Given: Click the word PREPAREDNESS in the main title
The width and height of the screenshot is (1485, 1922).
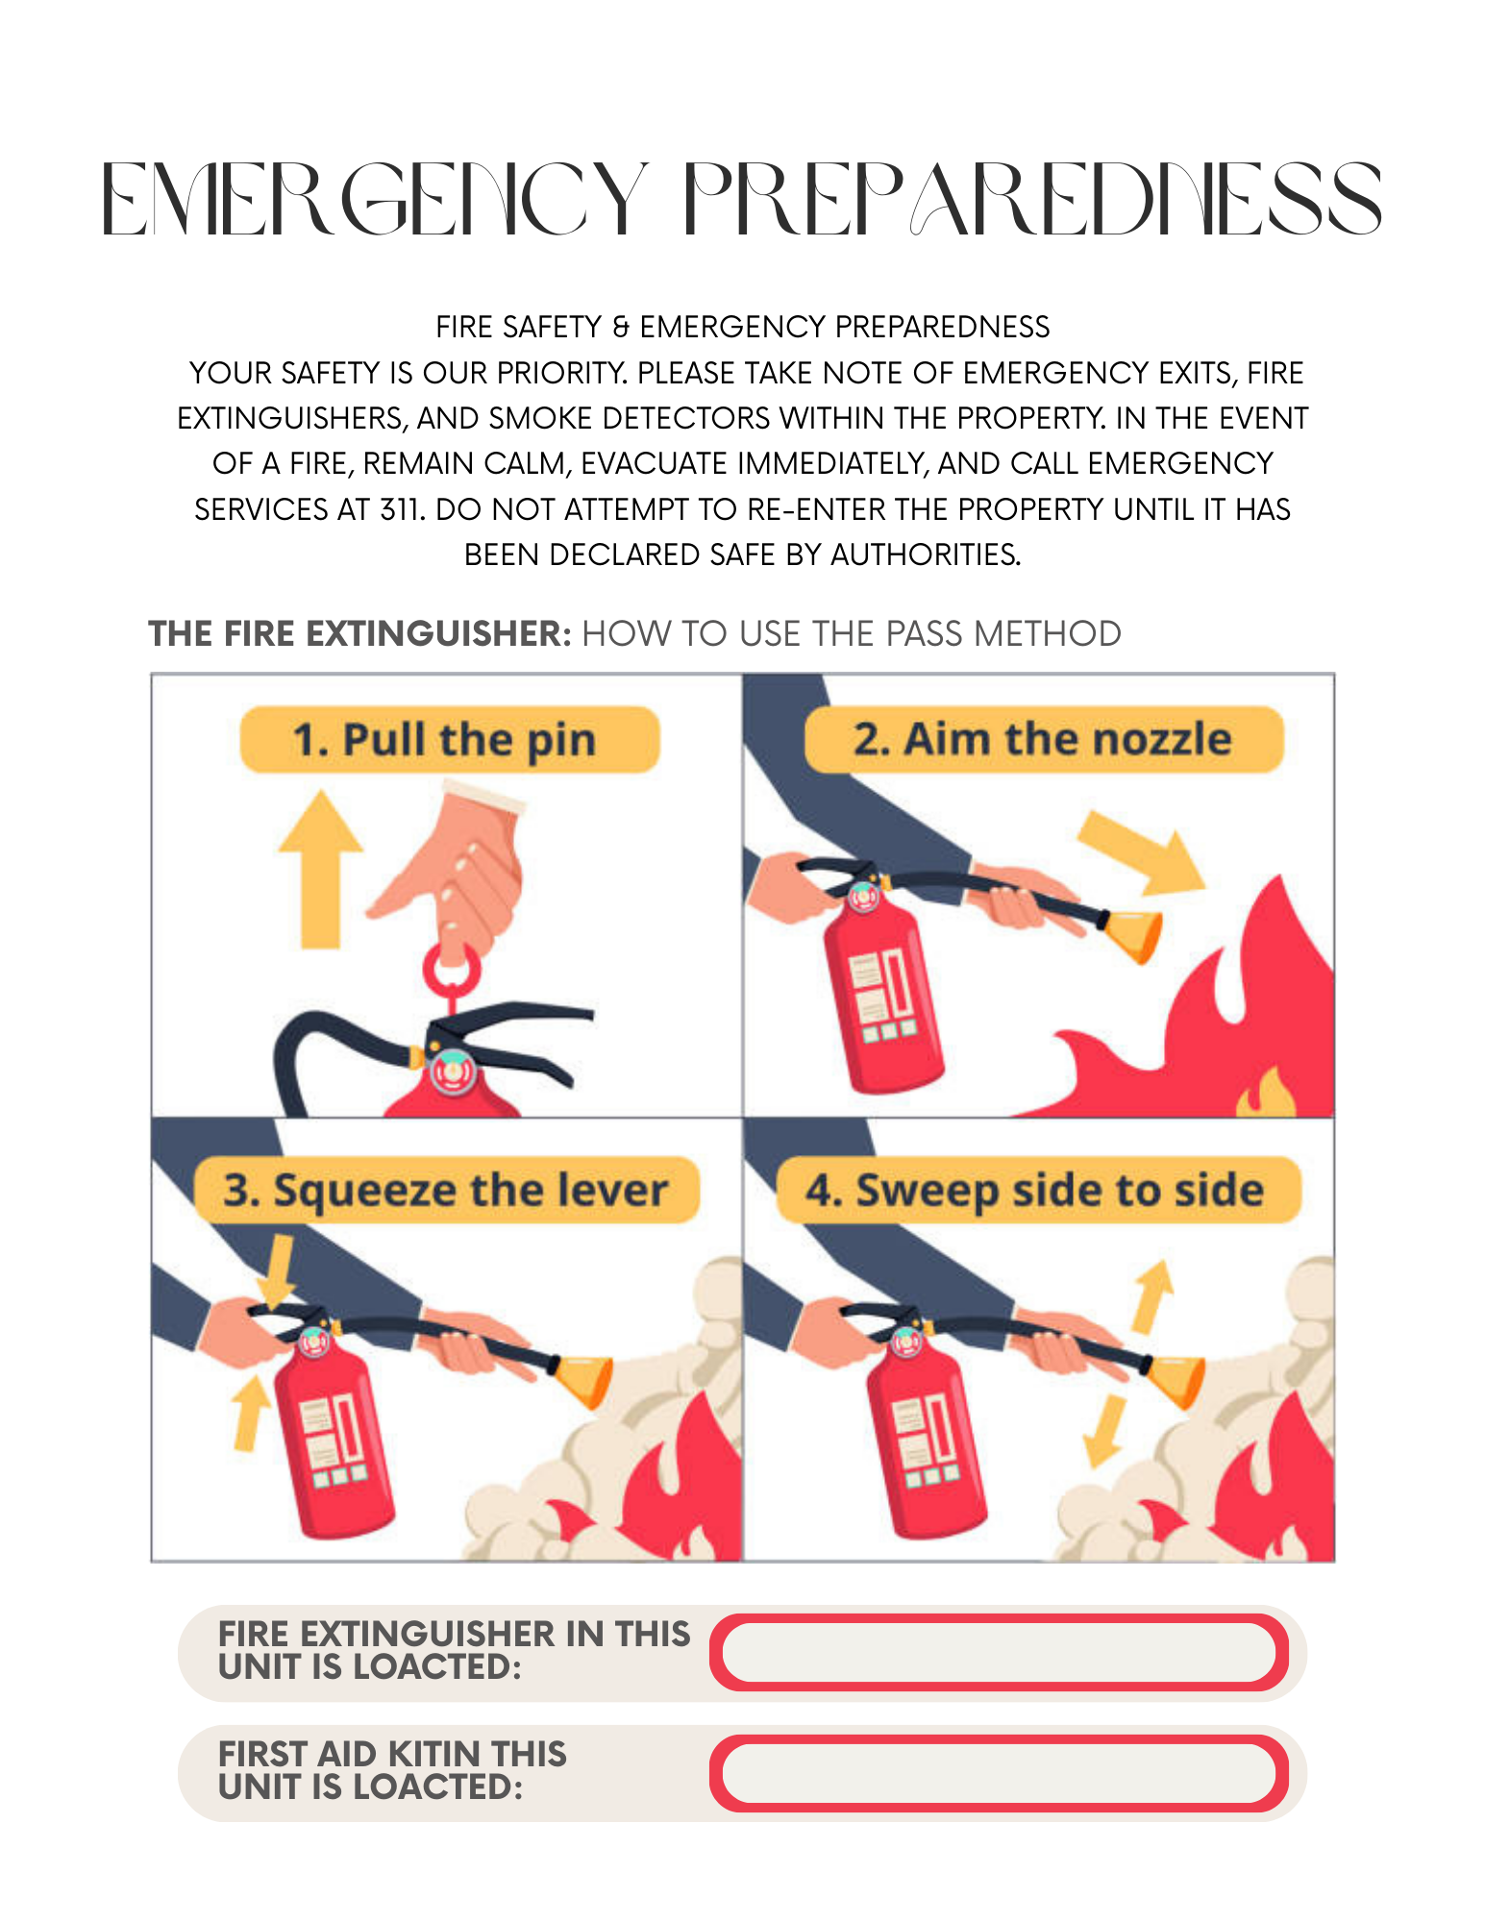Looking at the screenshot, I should click(1033, 199).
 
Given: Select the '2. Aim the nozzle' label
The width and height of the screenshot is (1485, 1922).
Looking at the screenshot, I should click(1043, 740).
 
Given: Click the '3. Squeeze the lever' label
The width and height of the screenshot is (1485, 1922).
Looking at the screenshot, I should click(446, 1190).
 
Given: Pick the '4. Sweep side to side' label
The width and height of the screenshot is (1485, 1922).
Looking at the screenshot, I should click(1036, 1190).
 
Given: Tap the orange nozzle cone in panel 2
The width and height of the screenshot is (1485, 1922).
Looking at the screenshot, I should click(1134, 932).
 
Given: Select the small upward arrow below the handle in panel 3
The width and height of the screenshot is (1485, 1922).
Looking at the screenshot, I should click(251, 1413).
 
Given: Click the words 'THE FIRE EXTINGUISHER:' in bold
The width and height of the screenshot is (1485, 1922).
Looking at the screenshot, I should click(360, 634).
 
